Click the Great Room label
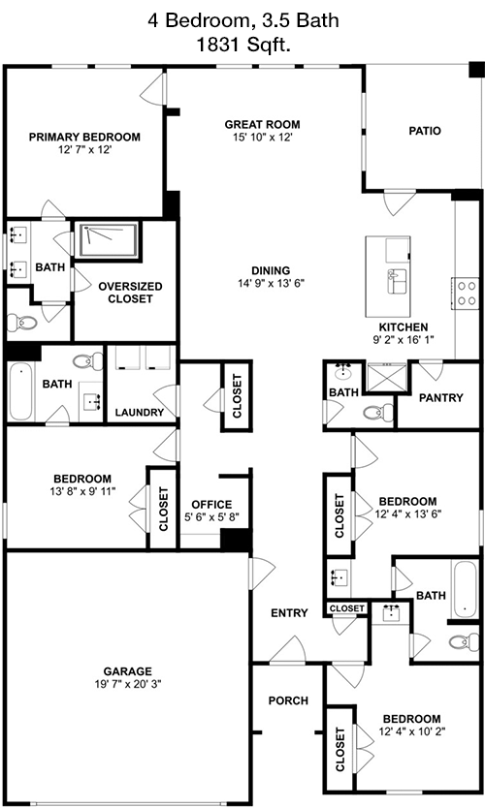[262, 124]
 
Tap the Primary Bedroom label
[84, 137]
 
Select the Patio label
[425, 131]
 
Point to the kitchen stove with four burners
[467, 294]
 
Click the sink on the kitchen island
[397, 281]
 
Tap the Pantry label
[440, 398]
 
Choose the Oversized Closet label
[130, 293]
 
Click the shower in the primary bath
[107, 239]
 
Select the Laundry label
[140, 413]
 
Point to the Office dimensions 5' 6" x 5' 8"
[211, 516]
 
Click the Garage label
[127, 671]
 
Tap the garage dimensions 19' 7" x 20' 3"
[128, 684]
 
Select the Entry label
[289, 612]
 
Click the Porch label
[288, 700]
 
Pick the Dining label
[271, 270]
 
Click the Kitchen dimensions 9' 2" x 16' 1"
[404, 340]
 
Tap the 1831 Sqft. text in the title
[243, 45]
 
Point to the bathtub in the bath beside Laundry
[20, 391]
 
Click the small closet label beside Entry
[346, 608]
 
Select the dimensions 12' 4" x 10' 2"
[410, 731]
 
